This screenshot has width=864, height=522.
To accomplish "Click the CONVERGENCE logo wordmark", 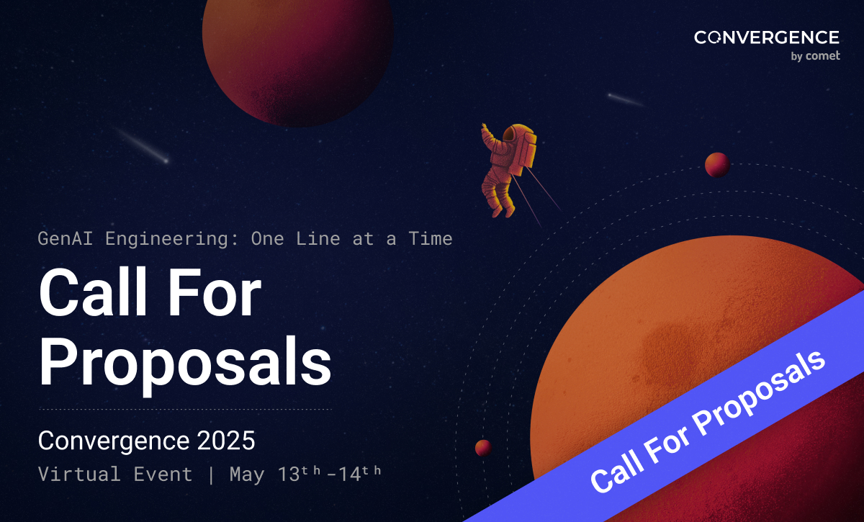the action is click(x=766, y=37).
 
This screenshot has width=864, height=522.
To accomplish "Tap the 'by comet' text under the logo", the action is click(x=815, y=56).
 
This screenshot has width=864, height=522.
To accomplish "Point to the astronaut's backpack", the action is click(x=525, y=150).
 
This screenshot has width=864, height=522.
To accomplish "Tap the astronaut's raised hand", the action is click(x=484, y=127).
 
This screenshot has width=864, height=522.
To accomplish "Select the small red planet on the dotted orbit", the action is click(x=717, y=165).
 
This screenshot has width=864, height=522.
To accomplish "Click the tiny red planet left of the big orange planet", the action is click(x=483, y=448).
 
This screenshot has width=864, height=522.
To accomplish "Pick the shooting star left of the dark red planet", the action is click(x=141, y=145).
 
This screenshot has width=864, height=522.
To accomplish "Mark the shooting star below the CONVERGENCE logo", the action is click(x=625, y=100).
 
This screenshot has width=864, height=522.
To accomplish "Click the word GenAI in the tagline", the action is click(x=66, y=238).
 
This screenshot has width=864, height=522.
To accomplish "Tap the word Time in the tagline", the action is click(x=431, y=238).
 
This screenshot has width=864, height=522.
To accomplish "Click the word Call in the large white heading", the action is click(x=93, y=292).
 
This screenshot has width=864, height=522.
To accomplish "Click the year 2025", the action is click(x=226, y=441).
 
